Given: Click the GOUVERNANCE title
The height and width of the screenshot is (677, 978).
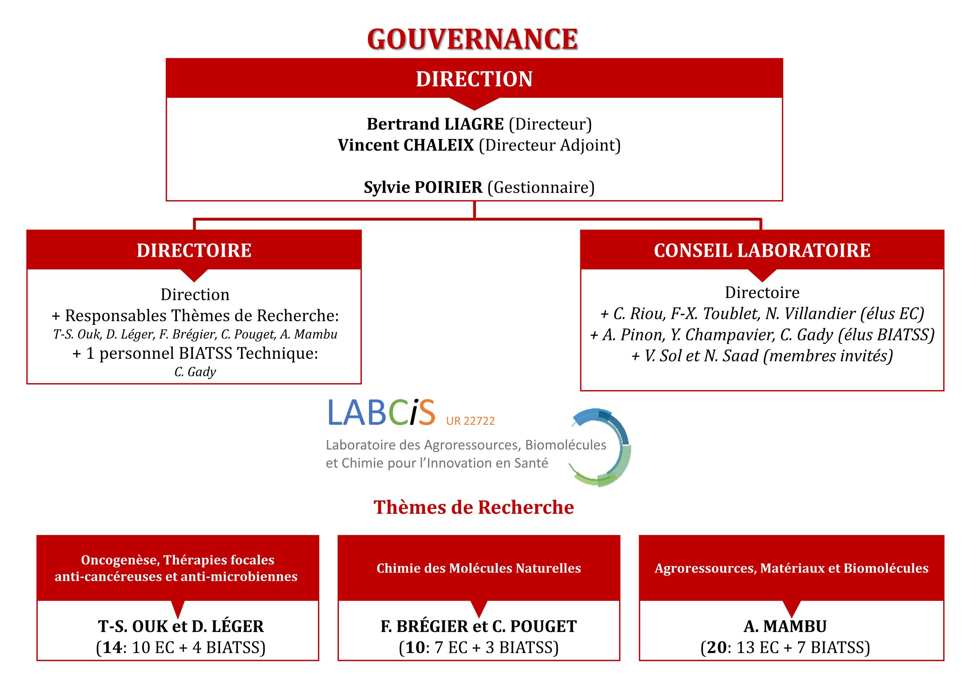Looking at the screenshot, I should tap(472, 39).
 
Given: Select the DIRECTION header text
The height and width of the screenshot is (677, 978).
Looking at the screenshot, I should tap(474, 79).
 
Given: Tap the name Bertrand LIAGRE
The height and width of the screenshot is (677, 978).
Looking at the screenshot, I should tap(435, 124).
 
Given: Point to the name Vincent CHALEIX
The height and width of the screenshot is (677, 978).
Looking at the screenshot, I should tap(405, 145).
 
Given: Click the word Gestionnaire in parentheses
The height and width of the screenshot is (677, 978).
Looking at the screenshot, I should tap(541, 187).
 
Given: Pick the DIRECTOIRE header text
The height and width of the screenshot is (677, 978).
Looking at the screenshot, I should tap(194, 250).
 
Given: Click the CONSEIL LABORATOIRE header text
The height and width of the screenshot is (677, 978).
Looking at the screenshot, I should tap(762, 250).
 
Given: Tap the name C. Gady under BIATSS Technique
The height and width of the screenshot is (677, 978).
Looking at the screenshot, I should tap(195, 372).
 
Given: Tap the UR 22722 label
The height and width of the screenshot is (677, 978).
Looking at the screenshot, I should tap(470, 421).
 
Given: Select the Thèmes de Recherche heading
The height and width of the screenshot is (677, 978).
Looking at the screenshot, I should tap(473, 507).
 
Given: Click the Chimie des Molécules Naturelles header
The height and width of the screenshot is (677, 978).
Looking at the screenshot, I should tap(478, 568).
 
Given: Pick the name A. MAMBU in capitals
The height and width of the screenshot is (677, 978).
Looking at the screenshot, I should tap(785, 626).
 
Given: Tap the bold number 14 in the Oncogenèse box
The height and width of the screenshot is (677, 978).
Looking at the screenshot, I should tap(112, 647).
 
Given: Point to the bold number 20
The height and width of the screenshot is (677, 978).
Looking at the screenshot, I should tap(717, 647).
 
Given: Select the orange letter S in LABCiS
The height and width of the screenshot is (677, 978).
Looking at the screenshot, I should tap(426, 412).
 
